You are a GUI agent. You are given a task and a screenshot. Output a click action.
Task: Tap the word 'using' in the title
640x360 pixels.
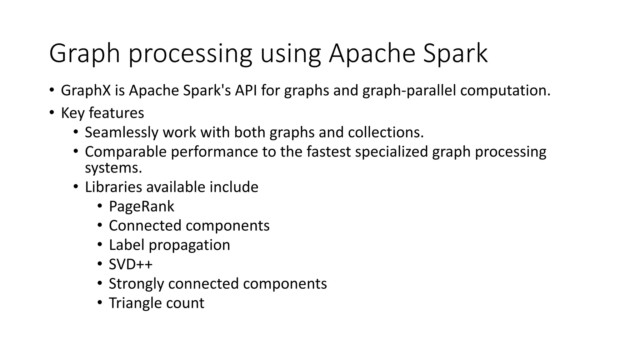[x=290, y=54]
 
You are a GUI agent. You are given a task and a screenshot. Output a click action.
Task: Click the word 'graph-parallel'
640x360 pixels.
[x=409, y=91]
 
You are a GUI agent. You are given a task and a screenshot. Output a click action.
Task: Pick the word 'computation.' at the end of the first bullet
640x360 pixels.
[x=505, y=91]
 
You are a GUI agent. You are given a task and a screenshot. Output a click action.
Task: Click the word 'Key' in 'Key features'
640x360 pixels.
[x=72, y=113]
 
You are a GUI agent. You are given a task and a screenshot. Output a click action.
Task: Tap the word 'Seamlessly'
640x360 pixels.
[x=122, y=132]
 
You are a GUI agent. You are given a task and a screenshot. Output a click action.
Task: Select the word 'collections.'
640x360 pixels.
[x=386, y=132]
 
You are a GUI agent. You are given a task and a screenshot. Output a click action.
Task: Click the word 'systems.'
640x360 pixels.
[x=113, y=168]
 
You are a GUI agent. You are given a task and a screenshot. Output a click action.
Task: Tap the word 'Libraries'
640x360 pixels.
[x=113, y=187]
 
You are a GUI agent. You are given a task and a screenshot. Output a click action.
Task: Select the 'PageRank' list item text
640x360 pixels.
[x=141, y=207]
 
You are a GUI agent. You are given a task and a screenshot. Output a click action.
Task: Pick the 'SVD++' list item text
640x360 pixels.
[x=131, y=264]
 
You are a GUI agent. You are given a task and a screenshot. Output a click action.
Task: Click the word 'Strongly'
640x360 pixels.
[x=136, y=284]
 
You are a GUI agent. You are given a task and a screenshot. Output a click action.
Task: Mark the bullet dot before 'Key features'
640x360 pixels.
[x=52, y=112]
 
